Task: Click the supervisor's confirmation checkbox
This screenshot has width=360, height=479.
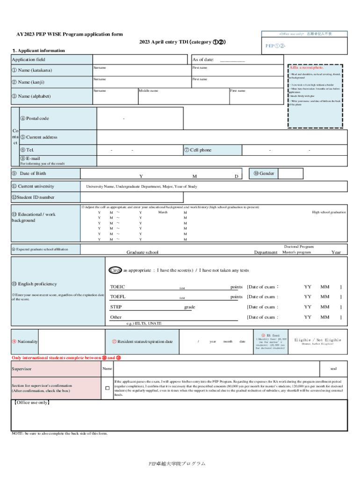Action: click(x=107, y=388)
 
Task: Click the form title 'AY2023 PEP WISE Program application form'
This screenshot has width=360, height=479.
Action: click(x=70, y=34)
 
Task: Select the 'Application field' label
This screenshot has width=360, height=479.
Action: click(x=29, y=59)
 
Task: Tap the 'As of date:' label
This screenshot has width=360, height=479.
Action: click(x=203, y=59)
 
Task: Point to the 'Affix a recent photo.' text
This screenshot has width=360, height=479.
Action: click(x=307, y=68)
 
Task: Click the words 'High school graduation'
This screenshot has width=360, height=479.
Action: click(x=329, y=212)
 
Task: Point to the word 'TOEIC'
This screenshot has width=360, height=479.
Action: click(x=117, y=287)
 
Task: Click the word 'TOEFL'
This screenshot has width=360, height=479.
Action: click(x=118, y=297)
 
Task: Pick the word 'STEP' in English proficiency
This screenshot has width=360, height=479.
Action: click(x=116, y=307)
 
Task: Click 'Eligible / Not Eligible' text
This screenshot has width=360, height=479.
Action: click(x=317, y=340)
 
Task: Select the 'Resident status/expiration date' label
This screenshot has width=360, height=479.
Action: click(x=145, y=341)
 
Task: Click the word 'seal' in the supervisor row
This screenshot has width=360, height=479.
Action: click(x=333, y=369)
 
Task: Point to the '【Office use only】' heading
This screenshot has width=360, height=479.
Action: click(x=32, y=402)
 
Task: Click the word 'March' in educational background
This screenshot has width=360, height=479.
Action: click(x=163, y=212)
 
